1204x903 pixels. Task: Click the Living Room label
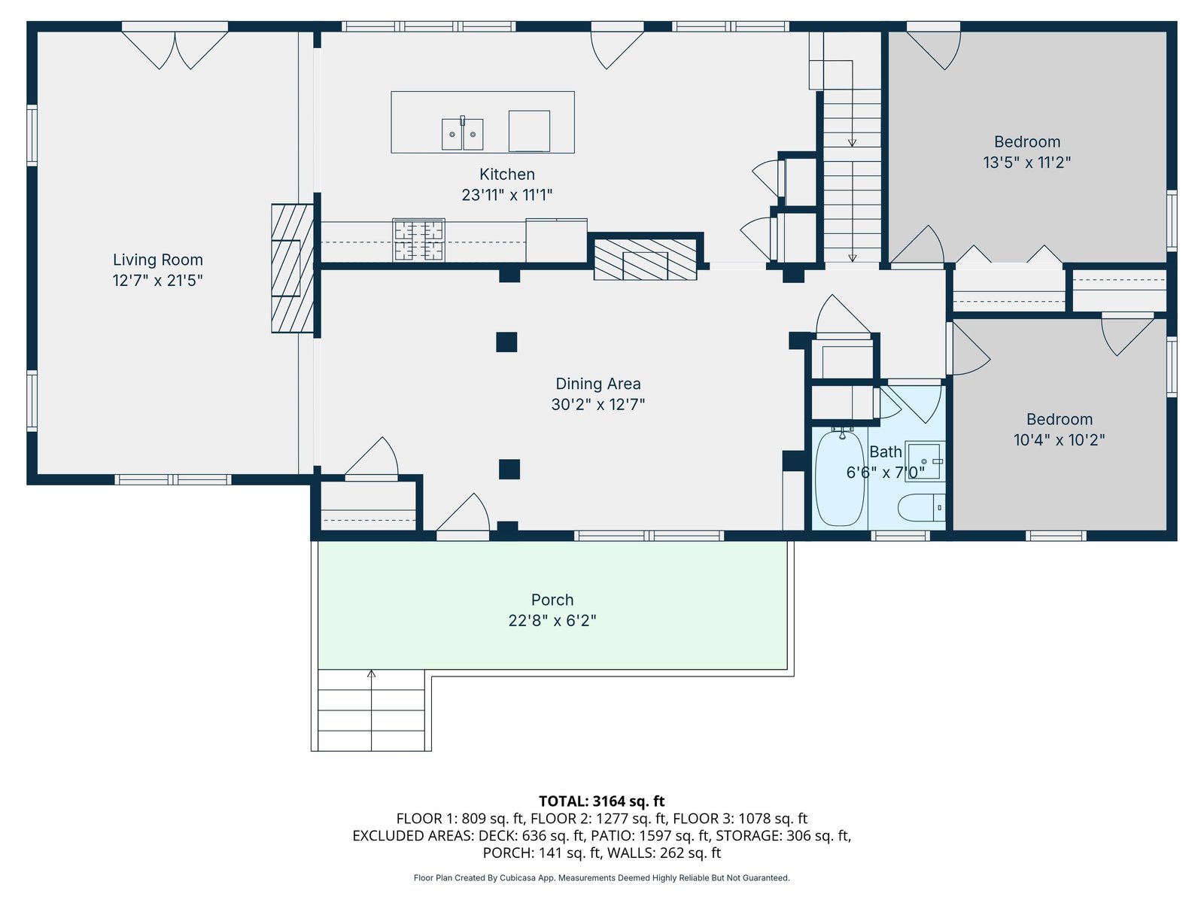coord(158,260)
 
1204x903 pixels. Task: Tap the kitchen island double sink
coord(462,134)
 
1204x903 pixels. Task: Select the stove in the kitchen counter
coord(418,240)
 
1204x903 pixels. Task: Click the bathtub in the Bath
coord(839,479)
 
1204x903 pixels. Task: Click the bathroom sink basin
coord(924,461)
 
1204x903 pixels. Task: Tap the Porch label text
coord(552,600)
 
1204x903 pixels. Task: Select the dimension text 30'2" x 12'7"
coord(598,405)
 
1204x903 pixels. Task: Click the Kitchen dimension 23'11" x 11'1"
coord(507,195)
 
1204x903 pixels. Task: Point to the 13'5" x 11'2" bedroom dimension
coord(1027,163)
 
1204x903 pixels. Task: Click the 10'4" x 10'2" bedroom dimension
coord(1060,440)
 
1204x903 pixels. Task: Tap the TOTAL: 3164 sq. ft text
coord(602,801)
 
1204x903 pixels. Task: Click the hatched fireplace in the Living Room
coord(293,268)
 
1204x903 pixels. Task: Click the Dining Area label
coord(598,384)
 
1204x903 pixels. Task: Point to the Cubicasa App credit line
coord(602,877)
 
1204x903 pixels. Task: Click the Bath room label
coord(885,451)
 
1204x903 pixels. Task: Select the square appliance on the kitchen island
coord(529,131)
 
